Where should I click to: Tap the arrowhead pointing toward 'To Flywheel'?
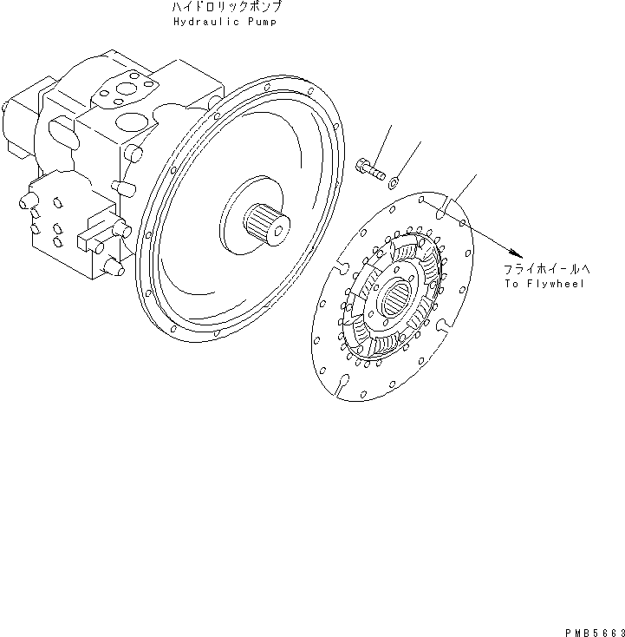point(519,249)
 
